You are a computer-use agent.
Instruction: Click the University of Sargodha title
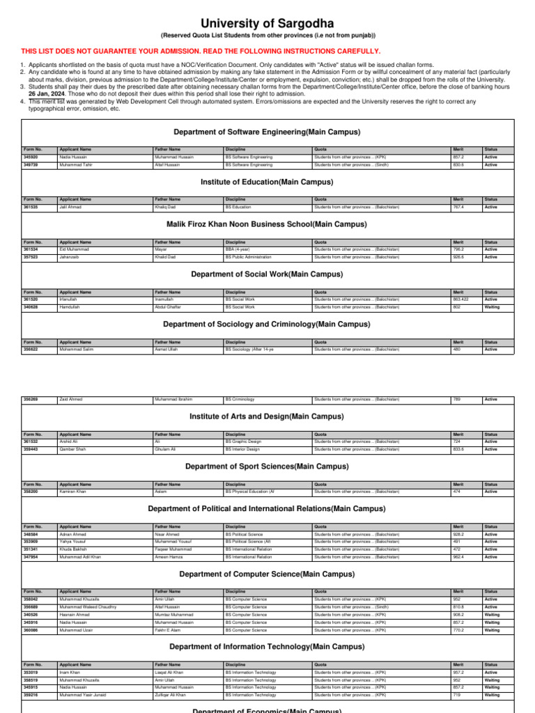[x=267, y=24]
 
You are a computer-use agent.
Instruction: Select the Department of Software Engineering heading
[x=267, y=132]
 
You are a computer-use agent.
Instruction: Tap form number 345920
[x=31, y=157]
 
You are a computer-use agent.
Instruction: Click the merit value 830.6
[x=458, y=165]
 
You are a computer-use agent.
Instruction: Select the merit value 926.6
[x=458, y=257]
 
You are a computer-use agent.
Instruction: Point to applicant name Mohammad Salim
[x=77, y=349]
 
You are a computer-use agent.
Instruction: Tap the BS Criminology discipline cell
[x=240, y=399]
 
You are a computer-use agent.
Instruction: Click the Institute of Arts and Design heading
[x=267, y=416]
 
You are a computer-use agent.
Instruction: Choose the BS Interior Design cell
[x=244, y=449]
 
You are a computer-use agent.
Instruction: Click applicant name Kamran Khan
[x=73, y=492]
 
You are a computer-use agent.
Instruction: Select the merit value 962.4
[x=458, y=557]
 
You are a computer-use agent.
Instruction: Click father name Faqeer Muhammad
[x=173, y=549]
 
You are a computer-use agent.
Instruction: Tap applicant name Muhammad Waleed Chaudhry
[x=88, y=606]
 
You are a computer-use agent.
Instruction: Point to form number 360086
[x=31, y=629]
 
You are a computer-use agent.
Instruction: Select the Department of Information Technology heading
[x=267, y=647]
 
